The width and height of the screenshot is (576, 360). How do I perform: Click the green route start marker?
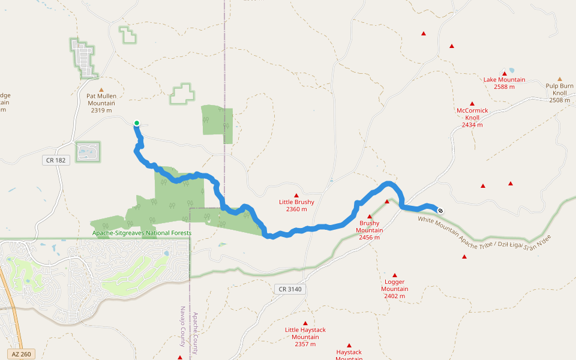pos(137,123)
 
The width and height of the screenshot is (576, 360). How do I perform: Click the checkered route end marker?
pos(440,210)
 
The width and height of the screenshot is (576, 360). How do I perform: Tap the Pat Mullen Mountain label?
pos(101,103)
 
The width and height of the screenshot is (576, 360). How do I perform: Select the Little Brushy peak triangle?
pos(296,195)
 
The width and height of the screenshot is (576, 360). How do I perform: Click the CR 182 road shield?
pos(55,160)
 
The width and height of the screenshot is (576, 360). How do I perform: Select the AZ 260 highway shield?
pos(20,354)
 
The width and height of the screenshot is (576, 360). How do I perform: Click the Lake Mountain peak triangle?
pos(505,73)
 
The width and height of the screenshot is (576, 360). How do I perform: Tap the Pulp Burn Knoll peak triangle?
pos(560,79)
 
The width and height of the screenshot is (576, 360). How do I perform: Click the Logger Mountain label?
pos(394,289)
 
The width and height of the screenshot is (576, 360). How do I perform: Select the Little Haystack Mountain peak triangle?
pos(305,323)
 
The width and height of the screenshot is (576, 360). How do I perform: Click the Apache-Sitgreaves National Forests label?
pos(142,233)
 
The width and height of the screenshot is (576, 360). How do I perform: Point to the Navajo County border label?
pos(183,327)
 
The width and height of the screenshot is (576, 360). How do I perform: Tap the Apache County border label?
pos(194,333)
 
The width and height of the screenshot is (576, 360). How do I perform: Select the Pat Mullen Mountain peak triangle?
pos(101,89)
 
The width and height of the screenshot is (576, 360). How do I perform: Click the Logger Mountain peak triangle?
pos(394,275)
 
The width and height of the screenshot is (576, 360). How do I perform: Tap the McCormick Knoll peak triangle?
pos(472,104)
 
